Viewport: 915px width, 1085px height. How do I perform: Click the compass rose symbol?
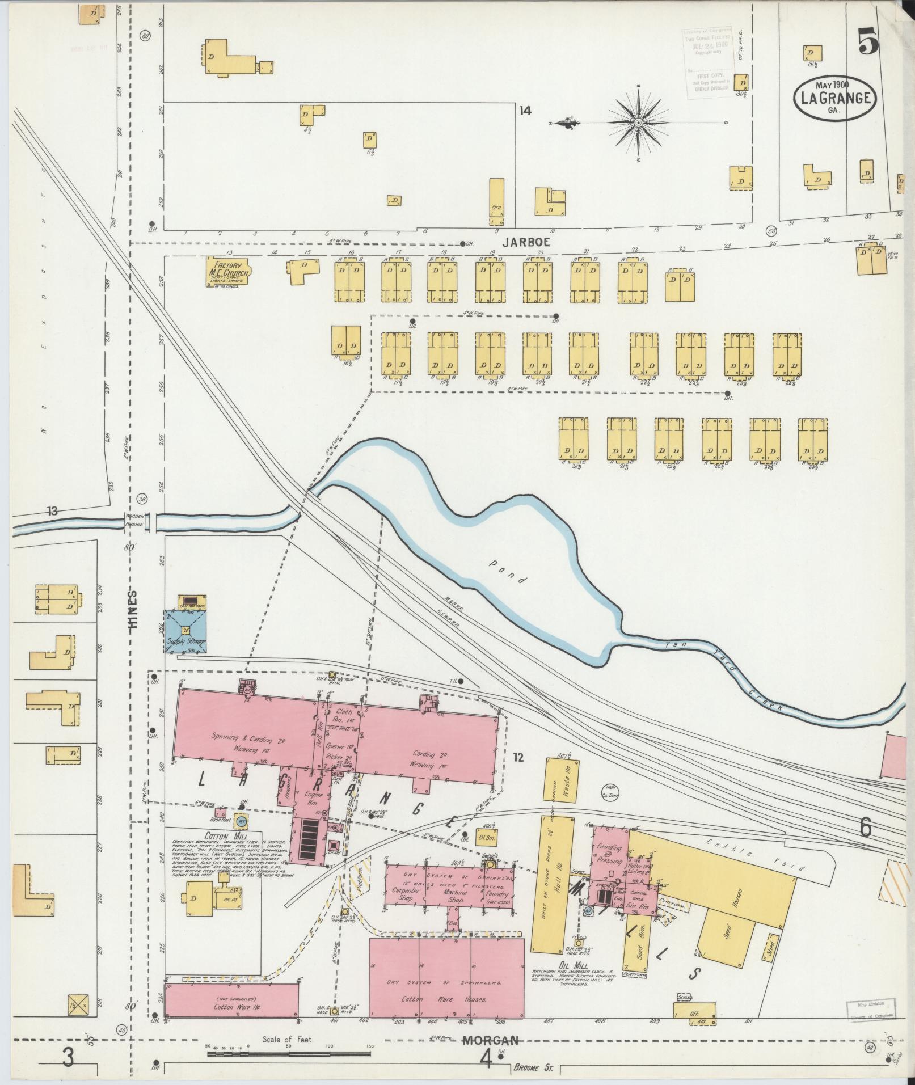tap(638, 122)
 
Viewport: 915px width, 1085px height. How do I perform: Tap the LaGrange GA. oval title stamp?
tap(836, 98)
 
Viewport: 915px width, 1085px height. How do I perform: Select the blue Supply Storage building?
tap(185, 631)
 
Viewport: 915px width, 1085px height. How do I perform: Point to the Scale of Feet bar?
tap(289, 1053)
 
